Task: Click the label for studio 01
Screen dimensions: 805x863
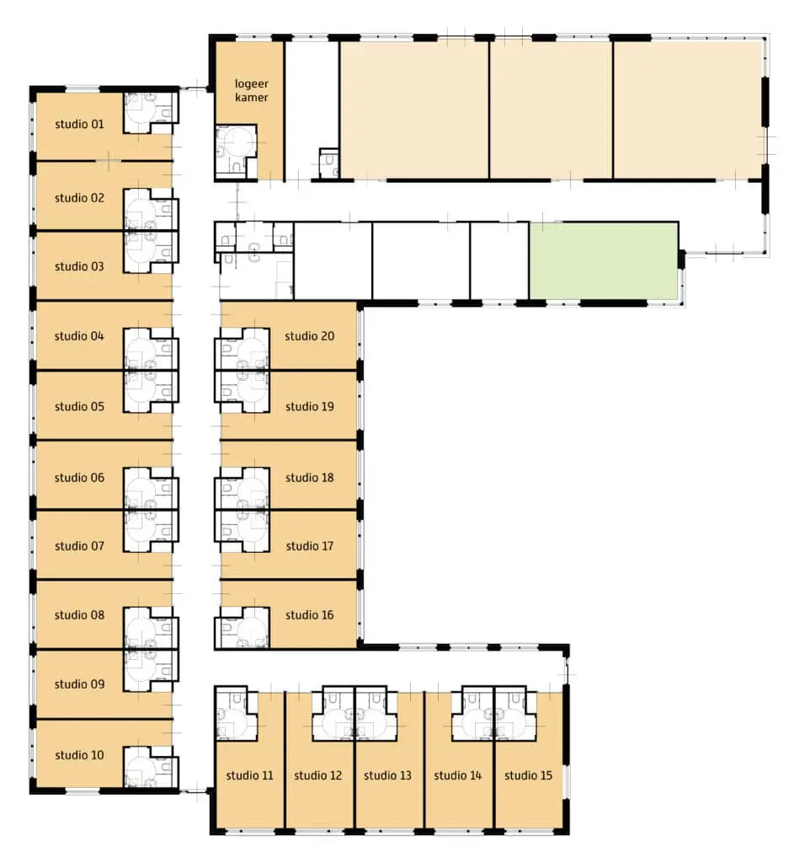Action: (x=79, y=124)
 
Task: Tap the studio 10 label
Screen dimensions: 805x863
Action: (x=79, y=755)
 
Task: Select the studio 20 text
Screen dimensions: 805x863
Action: (x=309, y=335)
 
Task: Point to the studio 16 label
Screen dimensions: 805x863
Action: (x=309, y=614)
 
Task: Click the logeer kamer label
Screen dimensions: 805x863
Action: (x=251, y=90)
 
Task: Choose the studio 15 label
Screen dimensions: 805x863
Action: (x=528, y=775)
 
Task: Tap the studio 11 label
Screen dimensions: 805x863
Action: (x=249, y=775)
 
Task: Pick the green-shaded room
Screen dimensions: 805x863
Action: (x=604, y=261)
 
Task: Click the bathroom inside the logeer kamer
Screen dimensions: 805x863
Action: (x=236, y=152)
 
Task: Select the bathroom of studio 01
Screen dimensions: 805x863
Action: (x=151, y=112)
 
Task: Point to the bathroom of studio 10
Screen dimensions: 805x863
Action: (x=151, y=767)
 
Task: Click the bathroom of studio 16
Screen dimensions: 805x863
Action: (x=242, y=627)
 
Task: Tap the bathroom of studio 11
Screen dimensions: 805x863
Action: (x=236, y=713)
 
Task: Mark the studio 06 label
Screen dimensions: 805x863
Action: (x=79, y=477)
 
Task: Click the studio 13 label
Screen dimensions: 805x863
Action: (x=387, y=775)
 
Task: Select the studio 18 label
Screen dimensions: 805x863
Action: (x=309, y=477)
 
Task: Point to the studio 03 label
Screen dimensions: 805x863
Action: (x=79, y=266)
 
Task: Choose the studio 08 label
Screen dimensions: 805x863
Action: (x=79, y=614)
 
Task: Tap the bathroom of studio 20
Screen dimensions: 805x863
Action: (x=242, y=348)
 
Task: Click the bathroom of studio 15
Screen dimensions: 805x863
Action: (x=516, y=713)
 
